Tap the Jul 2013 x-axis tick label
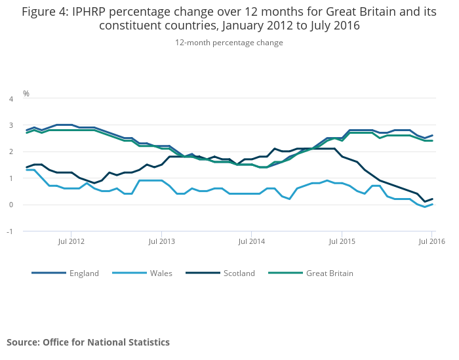[x=162, y=241]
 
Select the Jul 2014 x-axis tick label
[x=252, y=241]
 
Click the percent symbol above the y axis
[x=26, y=94]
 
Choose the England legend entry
[x=84, y=273]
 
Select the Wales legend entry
[x=161, y=273]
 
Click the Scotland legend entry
[x=239, y=273]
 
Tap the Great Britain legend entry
[x=329, y=273]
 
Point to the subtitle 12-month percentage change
[x=229, y=43]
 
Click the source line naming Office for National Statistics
[x=88, y=342]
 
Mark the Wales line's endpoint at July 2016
[x=432, y=204]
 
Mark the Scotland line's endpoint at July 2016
[x=432, y=199]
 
